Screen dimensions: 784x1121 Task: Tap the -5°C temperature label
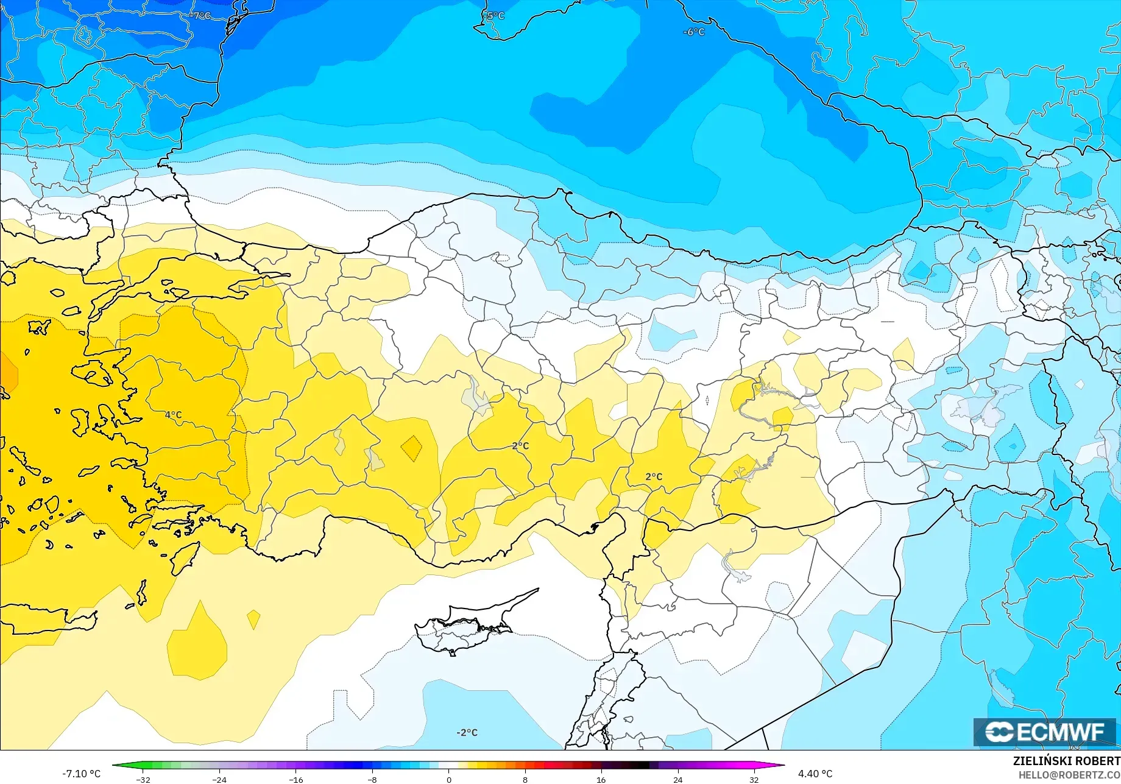[x=495, y=15]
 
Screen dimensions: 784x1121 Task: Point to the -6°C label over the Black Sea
[x=693, y=32]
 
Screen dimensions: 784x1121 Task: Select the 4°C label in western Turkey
[x=173, y=415]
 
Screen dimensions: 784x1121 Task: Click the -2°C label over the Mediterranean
[x=467, y=732]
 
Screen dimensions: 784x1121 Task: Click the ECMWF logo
[x=1044, y=732]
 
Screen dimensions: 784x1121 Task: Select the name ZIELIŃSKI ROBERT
[x=1066, y=761]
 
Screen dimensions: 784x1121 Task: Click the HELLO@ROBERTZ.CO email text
[x=1069, y=775]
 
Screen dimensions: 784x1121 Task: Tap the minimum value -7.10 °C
[x=81, y=774]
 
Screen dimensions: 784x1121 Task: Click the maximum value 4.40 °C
[x=815, y=774]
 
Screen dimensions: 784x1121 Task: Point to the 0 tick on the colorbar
[x=449, y=779]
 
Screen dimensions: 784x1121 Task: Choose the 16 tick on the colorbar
[x=601, y=779]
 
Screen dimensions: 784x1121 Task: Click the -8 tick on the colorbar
[x=372, y=779]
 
